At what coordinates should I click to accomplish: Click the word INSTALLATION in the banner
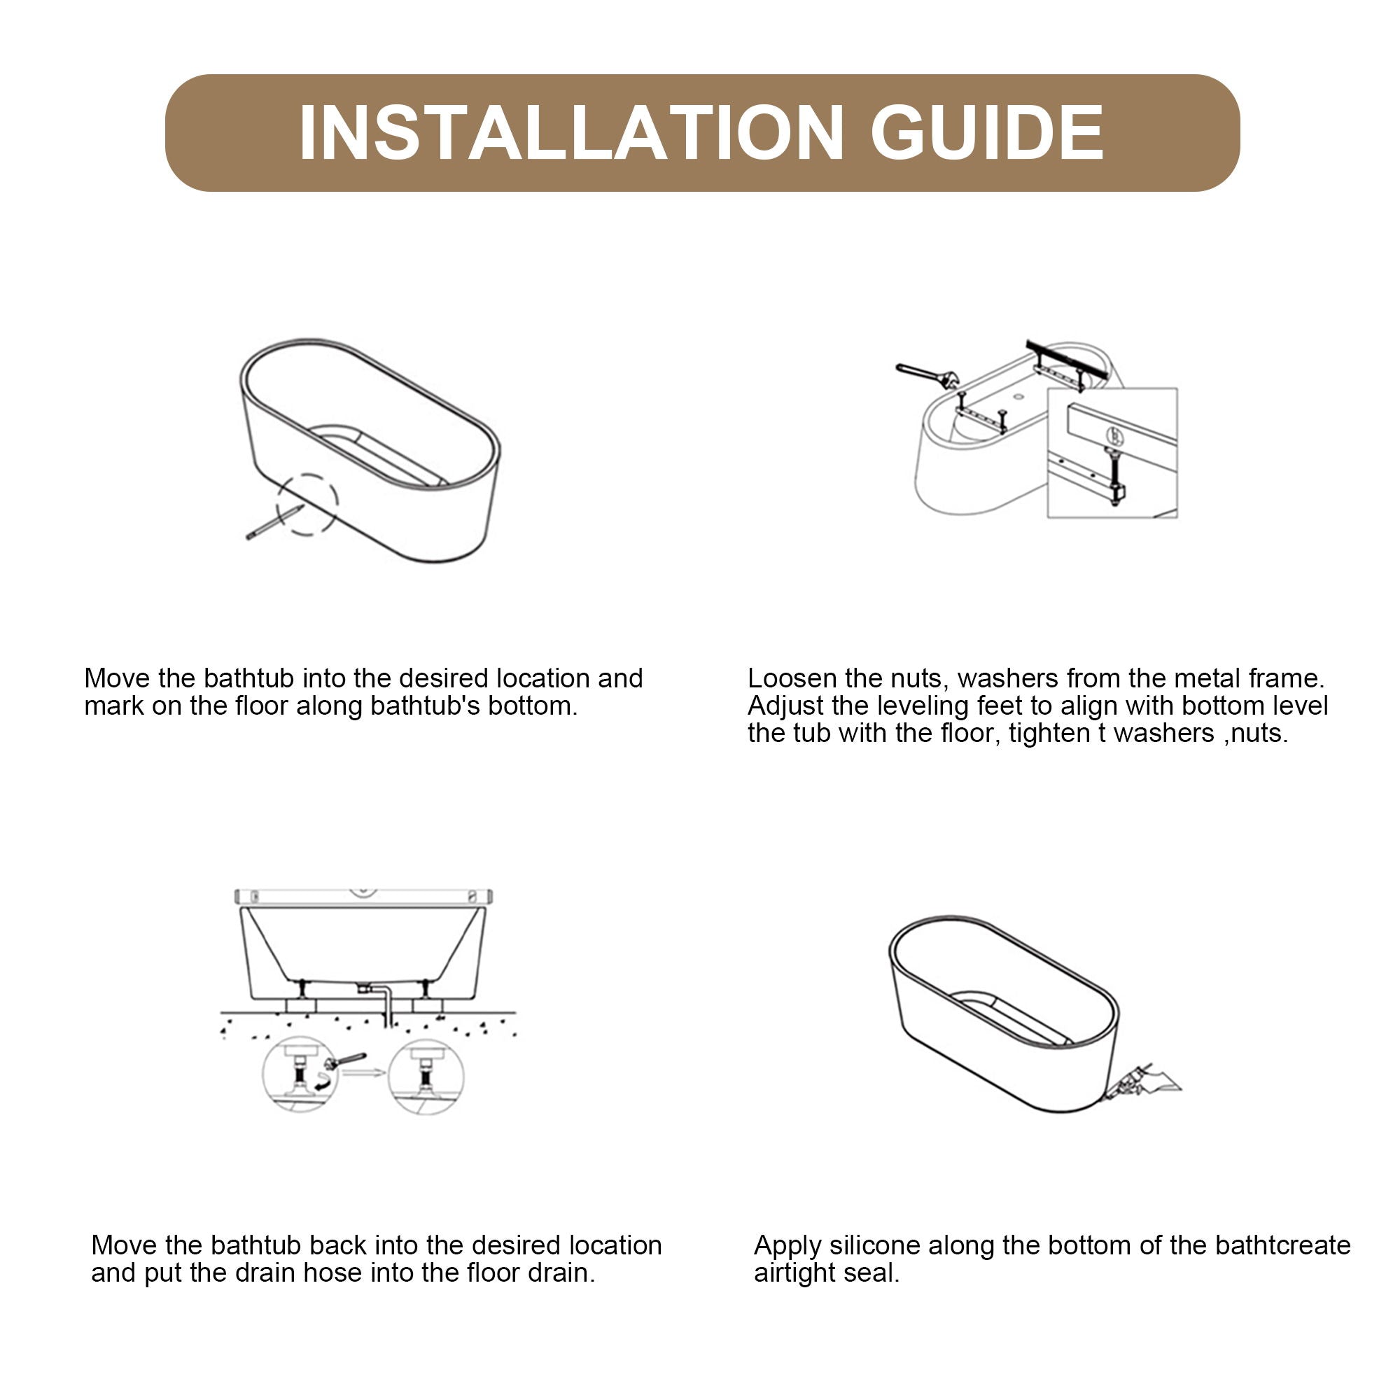pyautogui.click(x=571, y=132)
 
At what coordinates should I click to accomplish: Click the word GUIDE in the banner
pyautogui.click(x=987, y=132)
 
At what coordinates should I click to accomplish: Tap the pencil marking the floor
pyautogui.click(x=273, y=522)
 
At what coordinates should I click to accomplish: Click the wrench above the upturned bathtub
pyautogui.click(x=927, y=374)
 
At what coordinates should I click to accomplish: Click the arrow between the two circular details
pyautogui.click(x=363, y=1073)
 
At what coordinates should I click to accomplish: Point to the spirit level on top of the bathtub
pyautogui.click(x=363, y=897)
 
